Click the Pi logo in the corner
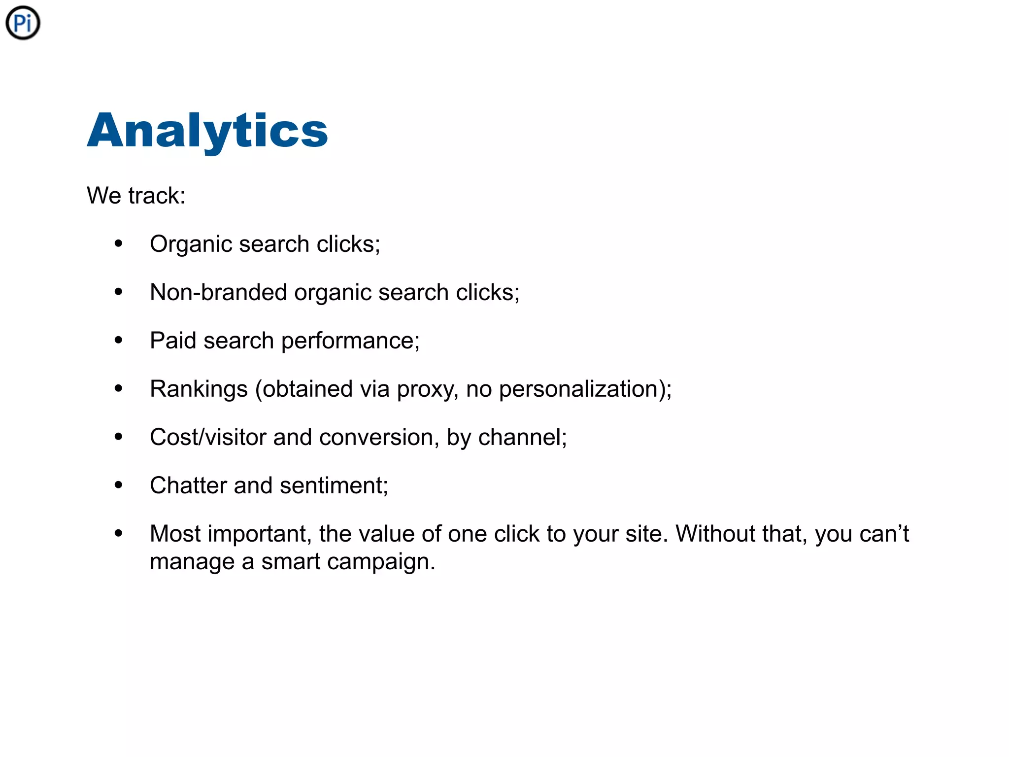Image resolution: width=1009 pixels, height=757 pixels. coord(23,23)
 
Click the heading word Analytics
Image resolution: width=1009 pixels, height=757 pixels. coord(207,131)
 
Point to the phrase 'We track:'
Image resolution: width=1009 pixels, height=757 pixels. coord(136,196)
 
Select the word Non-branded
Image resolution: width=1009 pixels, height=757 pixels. coord(218,292)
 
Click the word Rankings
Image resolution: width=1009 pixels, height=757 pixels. coord(199,389)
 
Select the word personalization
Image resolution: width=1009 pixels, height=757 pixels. coord(578,389)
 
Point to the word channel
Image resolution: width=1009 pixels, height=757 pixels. coord(520,437)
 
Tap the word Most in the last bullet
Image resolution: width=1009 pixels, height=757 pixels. coord(175,534)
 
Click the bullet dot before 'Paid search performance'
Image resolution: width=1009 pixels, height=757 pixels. coord(118,340)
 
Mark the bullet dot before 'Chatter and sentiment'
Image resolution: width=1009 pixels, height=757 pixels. coord(118,485)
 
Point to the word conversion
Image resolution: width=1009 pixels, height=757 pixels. coord(375,437)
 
